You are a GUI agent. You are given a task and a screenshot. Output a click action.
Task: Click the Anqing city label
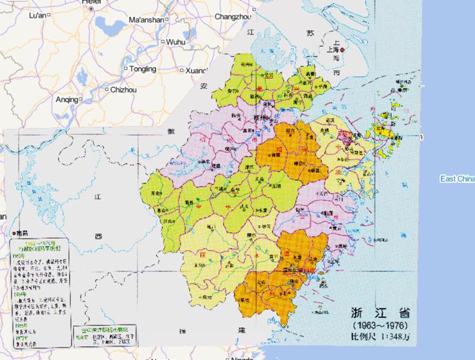click(67, 99)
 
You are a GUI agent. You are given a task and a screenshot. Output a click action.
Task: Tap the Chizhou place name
click(123, 90)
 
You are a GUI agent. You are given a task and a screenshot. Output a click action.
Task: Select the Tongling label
click(143, 69)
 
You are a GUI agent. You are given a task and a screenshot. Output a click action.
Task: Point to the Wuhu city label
click(176, 41)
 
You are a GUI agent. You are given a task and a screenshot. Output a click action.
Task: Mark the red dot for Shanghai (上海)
click(341, 49)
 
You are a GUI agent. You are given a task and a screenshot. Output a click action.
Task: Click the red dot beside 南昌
click(14, 234)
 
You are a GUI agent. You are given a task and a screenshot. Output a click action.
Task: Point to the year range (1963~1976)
click(379, 325)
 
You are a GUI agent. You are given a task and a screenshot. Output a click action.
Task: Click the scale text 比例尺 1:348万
click(379, 337)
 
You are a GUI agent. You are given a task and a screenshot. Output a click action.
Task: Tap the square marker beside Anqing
click(81, 99)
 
